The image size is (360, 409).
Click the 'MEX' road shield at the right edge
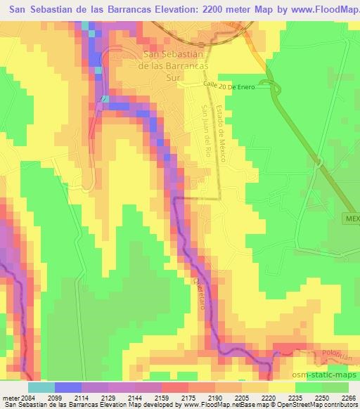point(352,219)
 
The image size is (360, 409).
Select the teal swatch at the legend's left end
point(41,387)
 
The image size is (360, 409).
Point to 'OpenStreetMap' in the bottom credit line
point(309,405)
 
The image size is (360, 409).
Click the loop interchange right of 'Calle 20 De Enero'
point(274,87)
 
